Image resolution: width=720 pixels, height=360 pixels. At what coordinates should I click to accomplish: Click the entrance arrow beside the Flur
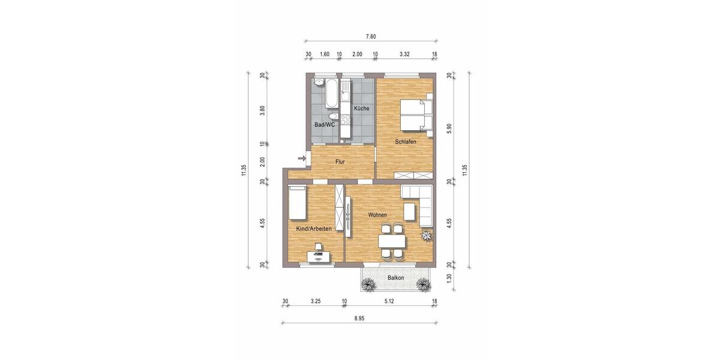(x=301, y=158)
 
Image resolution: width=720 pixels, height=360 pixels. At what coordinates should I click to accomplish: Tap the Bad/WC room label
(x=325, y=125)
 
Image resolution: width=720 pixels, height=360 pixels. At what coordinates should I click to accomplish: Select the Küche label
(x=361, y=109)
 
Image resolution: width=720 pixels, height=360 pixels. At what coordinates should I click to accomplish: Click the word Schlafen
(x=406, y=142)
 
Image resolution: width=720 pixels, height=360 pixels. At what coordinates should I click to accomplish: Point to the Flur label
(x=340, y=162)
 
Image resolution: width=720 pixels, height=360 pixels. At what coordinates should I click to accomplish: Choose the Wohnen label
(x=377, y=215)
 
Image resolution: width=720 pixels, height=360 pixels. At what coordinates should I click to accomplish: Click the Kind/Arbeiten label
(x=314, y=229)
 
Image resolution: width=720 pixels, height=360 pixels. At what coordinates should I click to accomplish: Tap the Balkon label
(x=395, y=278)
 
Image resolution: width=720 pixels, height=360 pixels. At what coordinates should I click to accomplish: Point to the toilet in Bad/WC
(x=333, y=116)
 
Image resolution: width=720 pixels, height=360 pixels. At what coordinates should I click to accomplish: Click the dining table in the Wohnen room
(x=392, y=241)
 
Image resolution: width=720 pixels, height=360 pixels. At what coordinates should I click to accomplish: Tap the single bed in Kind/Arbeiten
(x=297, y=202)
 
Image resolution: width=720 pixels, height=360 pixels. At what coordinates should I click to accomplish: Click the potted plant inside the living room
(x=427, y=235)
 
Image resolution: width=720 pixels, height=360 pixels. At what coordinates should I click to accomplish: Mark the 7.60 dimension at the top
(x=371, y=37)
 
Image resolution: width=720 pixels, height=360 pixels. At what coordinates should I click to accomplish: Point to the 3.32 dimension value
(x=404, y=54)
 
